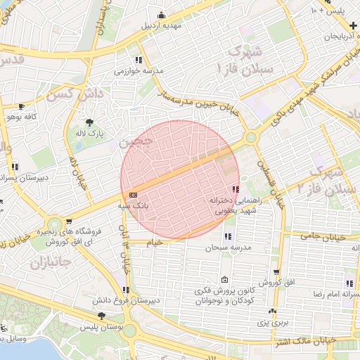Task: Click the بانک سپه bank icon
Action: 134,195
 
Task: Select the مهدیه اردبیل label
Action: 162,26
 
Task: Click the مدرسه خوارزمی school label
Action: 138,71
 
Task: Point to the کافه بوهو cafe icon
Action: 21,106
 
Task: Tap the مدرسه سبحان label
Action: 227,247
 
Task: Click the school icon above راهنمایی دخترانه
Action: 235,189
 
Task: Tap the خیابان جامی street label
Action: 325,238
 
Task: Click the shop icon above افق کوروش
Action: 277,271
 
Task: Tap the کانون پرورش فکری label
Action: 224,296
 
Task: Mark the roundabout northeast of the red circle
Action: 251,138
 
